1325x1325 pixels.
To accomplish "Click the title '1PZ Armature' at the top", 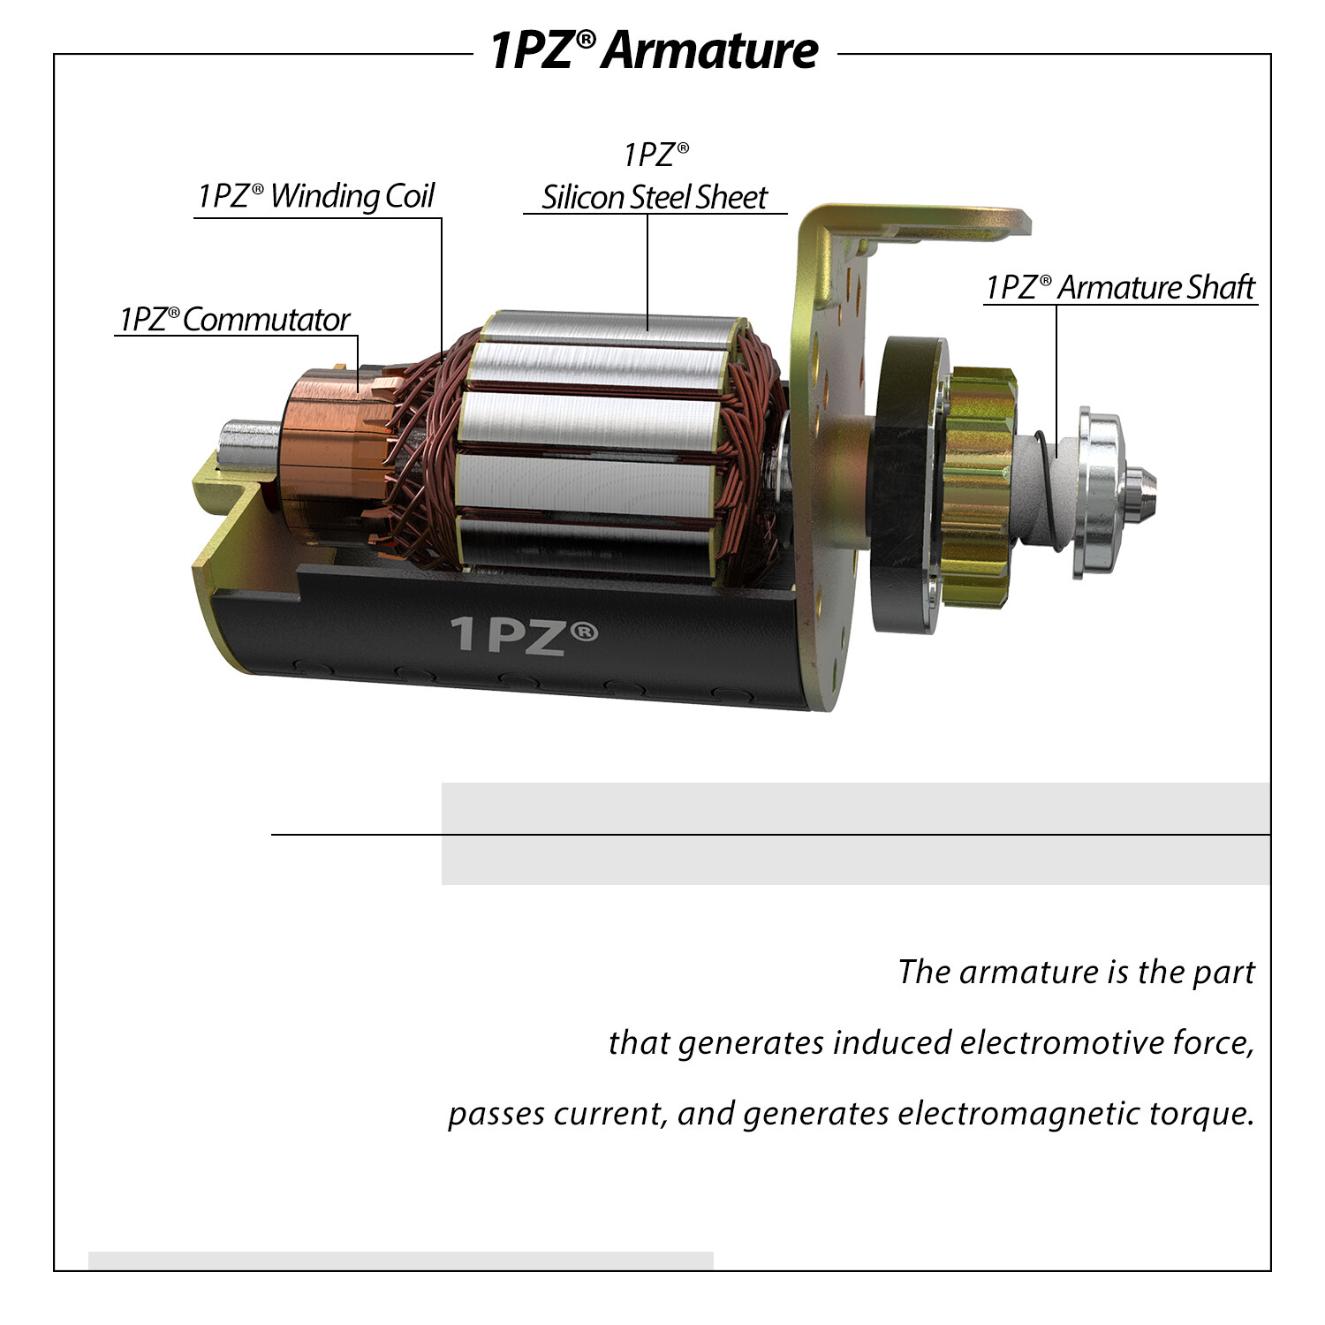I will (655, 50).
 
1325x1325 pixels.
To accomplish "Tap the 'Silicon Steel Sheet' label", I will (655, 197).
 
